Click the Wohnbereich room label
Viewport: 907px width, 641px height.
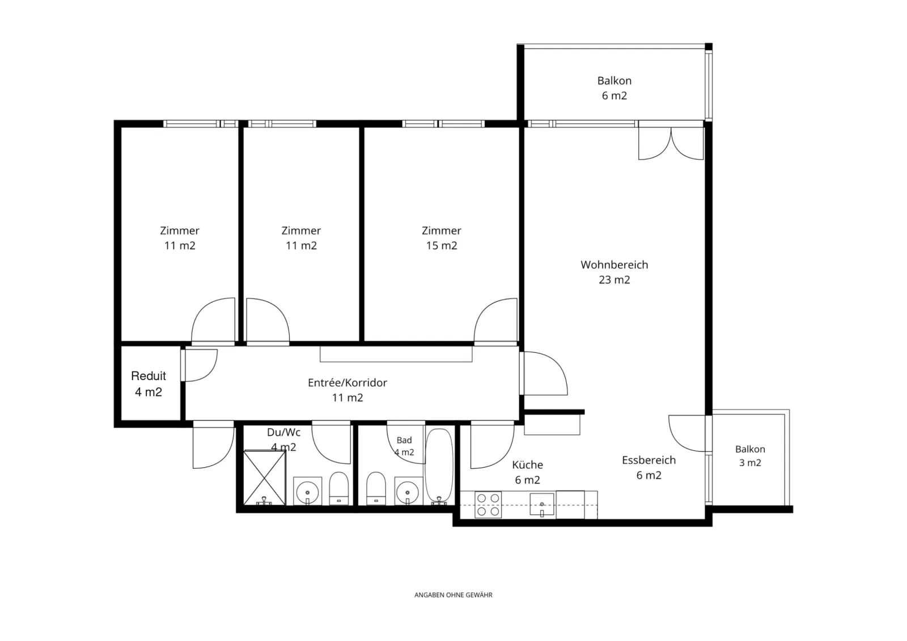(614, 272)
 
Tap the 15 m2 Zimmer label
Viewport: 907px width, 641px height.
(442, 238)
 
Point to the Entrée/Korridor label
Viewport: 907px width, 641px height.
(347, 390)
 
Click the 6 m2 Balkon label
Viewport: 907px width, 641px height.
(614, 88)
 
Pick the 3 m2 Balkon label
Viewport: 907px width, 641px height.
(750, 456)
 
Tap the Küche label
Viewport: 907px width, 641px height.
(527, 472)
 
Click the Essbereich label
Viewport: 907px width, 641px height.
(649, 468)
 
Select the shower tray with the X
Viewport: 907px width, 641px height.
(264, 478)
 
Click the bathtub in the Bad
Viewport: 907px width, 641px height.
(439, 467)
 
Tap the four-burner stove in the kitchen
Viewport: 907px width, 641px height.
(488, 505)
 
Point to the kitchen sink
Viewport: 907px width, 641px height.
(542, 505)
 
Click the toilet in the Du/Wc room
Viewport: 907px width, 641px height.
(339, 488)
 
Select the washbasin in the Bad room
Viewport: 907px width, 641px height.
(408, 491)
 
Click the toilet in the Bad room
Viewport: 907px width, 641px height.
(376, 488)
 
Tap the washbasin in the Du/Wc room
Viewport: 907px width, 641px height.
(307, 491)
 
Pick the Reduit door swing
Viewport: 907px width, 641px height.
(199, 365)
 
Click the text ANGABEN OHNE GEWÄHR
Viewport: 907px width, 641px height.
(453, 595)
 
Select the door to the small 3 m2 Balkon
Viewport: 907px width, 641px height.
(688, 433)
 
